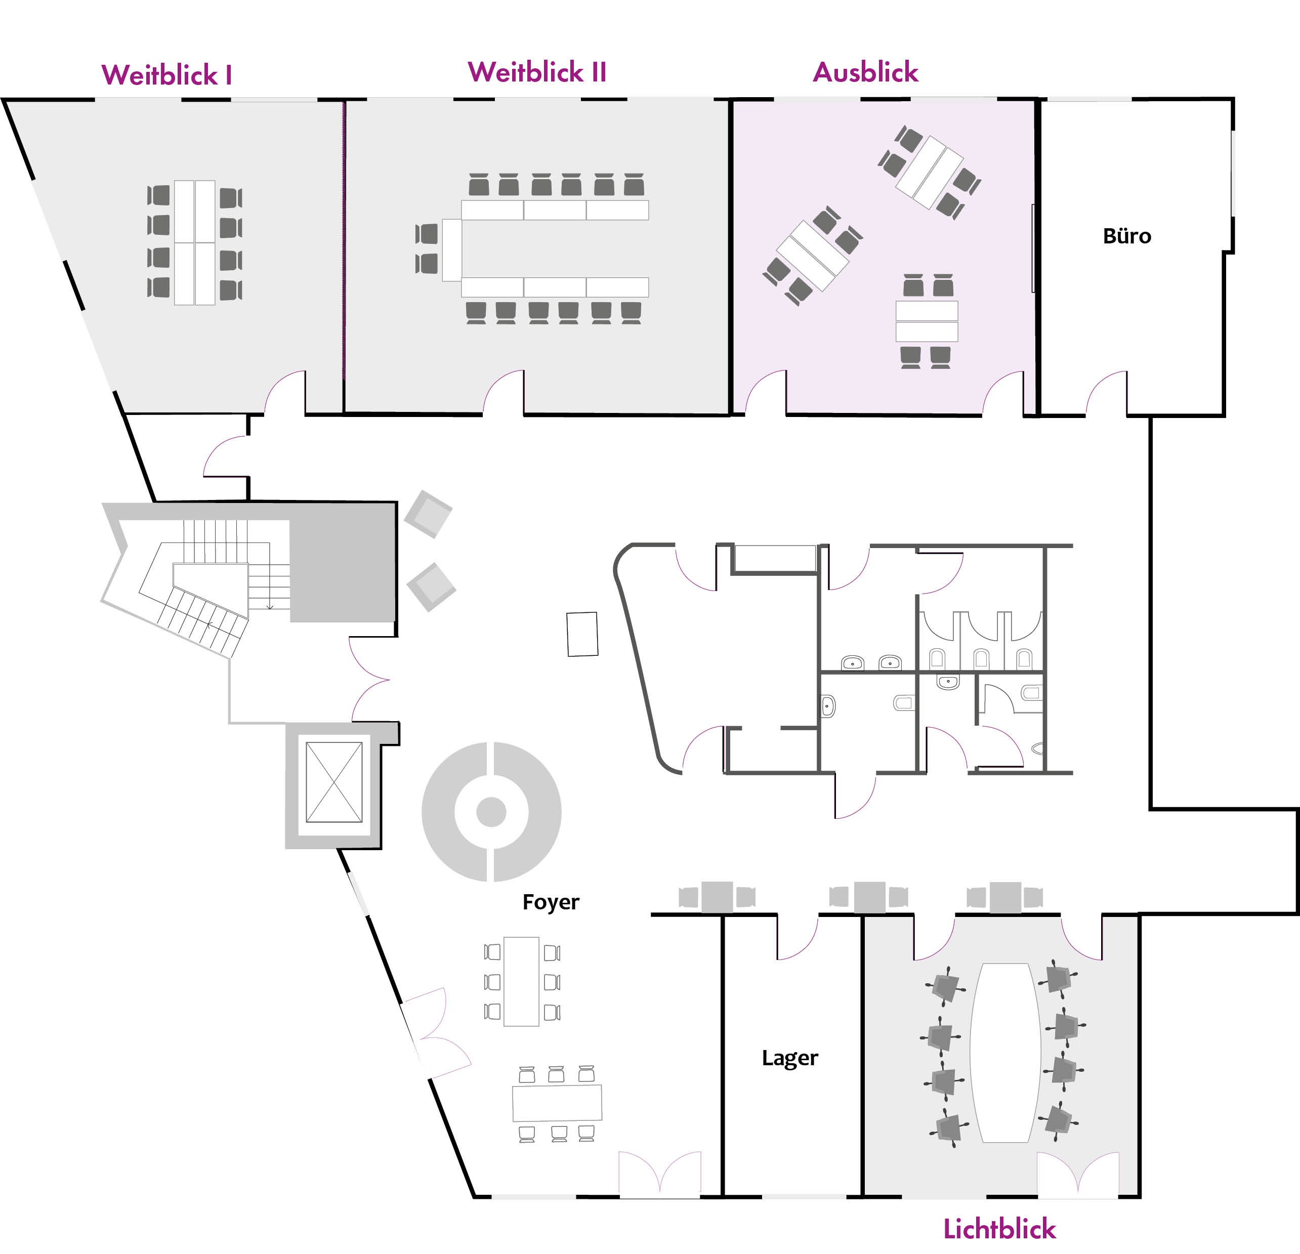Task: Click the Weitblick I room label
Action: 166,75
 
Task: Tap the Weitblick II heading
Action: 537,72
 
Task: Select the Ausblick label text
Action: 865,72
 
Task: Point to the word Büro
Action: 1127,236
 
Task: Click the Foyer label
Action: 551,902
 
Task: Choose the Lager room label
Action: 790,1058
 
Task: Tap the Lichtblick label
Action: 999,1229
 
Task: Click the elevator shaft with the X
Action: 333,782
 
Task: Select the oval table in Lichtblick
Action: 1005,1053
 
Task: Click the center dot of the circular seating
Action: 491,812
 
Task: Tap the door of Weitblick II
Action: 504,393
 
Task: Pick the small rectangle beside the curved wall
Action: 582,634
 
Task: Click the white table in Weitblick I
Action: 194,243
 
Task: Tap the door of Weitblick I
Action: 285,393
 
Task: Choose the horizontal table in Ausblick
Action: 927,321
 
